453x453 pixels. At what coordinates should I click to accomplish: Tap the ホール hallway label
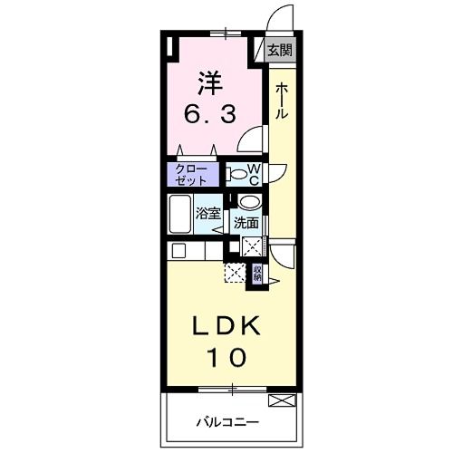282,101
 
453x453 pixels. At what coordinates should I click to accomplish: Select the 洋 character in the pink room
209,82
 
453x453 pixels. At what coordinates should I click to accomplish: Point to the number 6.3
210,115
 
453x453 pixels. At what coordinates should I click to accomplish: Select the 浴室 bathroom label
208,215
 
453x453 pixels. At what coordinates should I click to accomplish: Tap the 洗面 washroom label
246,222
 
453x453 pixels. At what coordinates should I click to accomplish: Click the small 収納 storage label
257,273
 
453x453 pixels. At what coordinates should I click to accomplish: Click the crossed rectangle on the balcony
282,400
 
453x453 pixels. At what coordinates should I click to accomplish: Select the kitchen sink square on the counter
178,250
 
